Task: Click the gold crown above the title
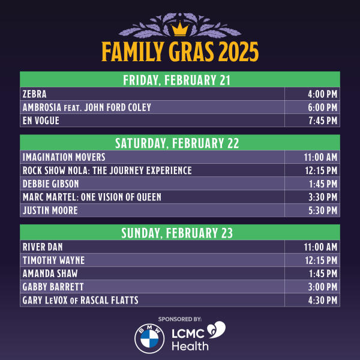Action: tap(179, 28)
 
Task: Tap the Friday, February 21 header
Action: tap(179, 80)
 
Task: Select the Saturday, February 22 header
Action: tap(179, 143)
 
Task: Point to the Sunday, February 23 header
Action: tap(179, 232)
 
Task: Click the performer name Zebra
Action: tap(34, 94)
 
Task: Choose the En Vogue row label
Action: tap(41, 121)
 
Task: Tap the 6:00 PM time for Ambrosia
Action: tap(323, 107)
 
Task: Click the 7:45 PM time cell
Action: tap(323, 121)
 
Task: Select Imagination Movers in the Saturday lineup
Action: tap(64, 157)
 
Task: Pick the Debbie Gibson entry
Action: tap(50, 184)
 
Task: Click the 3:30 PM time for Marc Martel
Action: tap(323, 197)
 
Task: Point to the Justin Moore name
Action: tap(50, 210)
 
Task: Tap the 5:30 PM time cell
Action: tap(323, 210)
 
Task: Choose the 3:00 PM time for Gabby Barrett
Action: tap(323, 286)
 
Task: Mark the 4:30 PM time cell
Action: tap(323, 299)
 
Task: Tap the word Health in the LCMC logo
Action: tap(190, 346)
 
